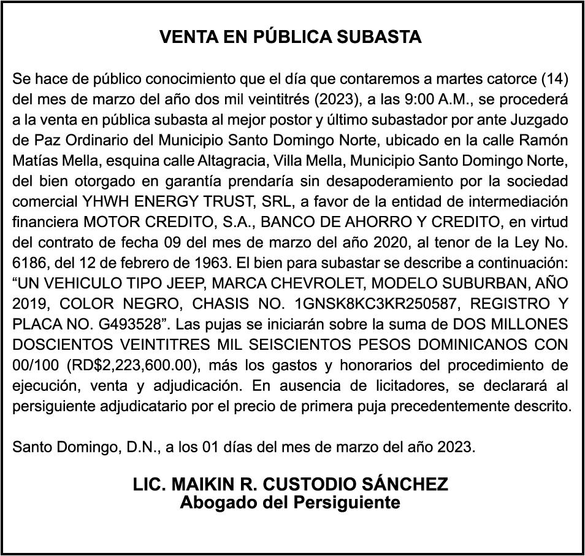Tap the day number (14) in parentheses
(554, 79)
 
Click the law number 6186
(29, 263)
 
